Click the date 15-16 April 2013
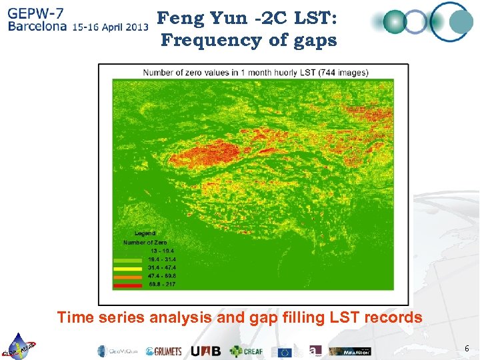(111, 27)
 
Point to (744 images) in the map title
(343, 72)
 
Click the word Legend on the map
(145, 233)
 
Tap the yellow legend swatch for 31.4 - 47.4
(128, 268)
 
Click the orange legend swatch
(128, 276)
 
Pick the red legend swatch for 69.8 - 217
(128, 285)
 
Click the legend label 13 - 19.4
(161, 251)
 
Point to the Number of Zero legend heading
(145, 243)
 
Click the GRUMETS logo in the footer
(163, 351)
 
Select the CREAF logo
(247, 351)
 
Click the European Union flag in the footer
(285, 351)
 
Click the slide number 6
(467, 349)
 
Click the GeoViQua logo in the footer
(119, 351)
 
